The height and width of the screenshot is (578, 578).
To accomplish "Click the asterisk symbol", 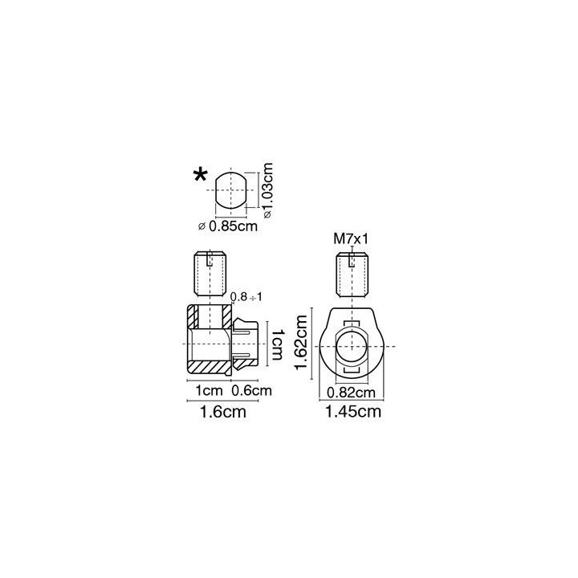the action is click(x=201, y=174).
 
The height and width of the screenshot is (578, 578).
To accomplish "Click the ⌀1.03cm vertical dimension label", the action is click(x=268, y=190).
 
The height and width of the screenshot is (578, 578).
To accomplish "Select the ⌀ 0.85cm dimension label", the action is click(x=228, y=226).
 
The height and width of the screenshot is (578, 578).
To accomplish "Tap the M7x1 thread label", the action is click(x=351, y=239).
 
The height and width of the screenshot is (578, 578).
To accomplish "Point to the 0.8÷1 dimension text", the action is click(x=246, y=297).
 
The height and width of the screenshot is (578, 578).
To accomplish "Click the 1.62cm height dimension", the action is click(x=301, y=344).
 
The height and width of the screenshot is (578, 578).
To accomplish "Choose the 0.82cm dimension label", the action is click(x=351, y=393).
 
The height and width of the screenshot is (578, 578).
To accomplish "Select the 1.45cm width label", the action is click(x=352, y=411).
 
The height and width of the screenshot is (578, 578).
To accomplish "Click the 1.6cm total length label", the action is click(x=222, y=412).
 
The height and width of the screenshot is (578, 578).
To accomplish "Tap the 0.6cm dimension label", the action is click(x=251, y=391).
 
